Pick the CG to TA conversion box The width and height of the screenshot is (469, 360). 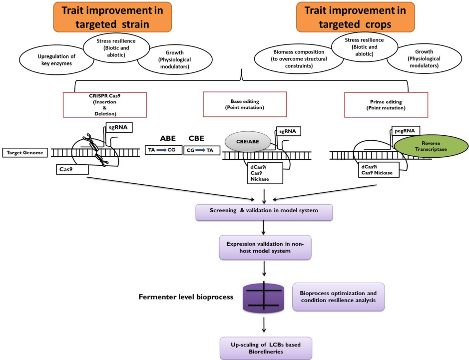pyautogui.click(x=201, y=149)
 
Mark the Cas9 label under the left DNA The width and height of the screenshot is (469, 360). pyautogui.click(x=72, y=169)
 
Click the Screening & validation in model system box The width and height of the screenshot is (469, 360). pyautogui.click(x=264, y=210)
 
